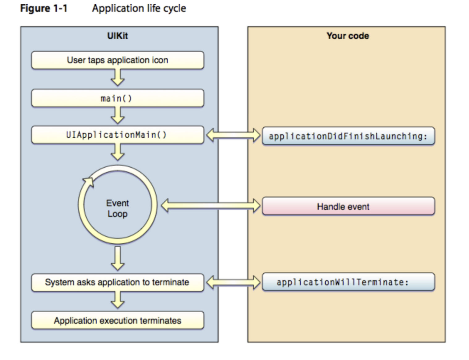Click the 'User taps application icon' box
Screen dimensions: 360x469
pos(117,60)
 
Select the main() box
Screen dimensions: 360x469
pos(117,98)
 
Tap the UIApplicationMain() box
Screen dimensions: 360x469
pos(117,135)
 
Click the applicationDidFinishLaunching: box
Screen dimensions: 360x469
pos(348,136)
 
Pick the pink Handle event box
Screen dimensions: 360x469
pos(348,206)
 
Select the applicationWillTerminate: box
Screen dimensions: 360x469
pos(348,282)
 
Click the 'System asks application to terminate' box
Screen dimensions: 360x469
pos(117,282)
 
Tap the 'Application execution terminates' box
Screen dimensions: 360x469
pos(117,320)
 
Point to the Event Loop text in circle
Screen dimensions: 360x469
pos(117,208)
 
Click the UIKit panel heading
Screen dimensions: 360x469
pos(117,36)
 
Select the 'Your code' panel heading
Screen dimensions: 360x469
pos(348,36)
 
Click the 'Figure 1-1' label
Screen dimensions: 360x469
pos(44,8)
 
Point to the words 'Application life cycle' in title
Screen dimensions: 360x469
pos(139,8)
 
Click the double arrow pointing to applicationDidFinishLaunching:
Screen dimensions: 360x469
pos(233,135)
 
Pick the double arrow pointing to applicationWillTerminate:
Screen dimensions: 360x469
pos(233,282)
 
